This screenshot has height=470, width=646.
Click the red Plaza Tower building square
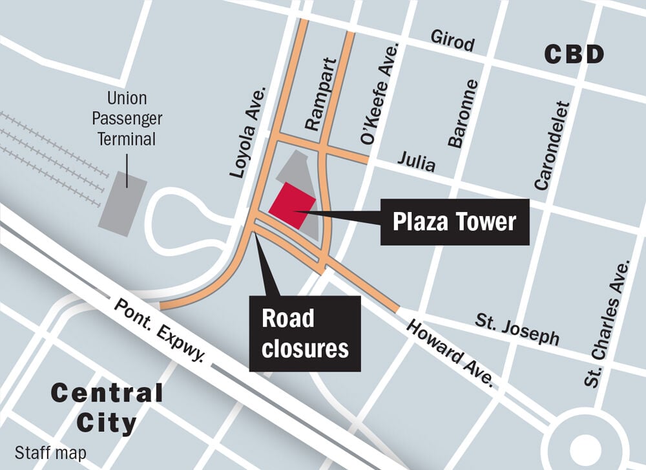(292, 205)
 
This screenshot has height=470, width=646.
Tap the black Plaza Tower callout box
(455, 222)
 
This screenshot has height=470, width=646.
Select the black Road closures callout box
(304, 334)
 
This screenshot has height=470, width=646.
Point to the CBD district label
(574, 55)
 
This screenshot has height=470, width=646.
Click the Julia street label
(416, 161)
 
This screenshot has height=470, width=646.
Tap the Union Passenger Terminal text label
(127, 119)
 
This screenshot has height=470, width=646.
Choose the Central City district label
(107, 408)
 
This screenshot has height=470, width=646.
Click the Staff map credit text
(50, 453)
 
